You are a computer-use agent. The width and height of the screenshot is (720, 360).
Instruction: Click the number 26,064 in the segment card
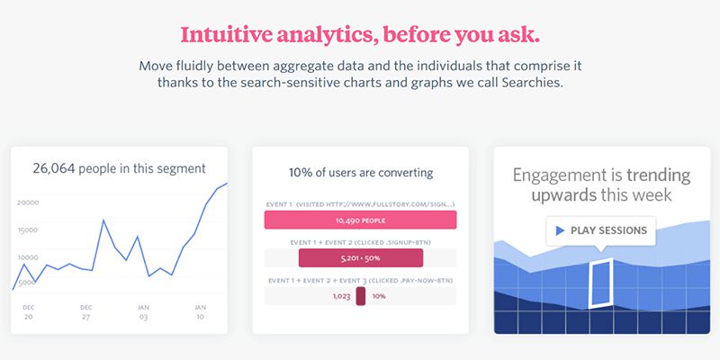pyautogui.click(x=53, y=168)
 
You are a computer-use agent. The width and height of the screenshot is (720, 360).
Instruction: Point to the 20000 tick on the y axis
pyautogui.click(x=28, y=202)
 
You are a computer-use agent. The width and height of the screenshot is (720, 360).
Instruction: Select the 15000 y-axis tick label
pyautogui.click(x=27, y=230)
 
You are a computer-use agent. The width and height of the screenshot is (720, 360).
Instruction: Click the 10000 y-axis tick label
pyautogui.click(x=27, y=257)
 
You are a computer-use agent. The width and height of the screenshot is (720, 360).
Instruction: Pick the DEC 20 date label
pyautogui.click(x=29, y=312)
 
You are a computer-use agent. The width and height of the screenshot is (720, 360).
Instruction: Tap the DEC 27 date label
pyautogui.click(x=85, y=312)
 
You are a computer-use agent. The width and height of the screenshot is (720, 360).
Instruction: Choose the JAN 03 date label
pyautogui.click(x=143, y=312)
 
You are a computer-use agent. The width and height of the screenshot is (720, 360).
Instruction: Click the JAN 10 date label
pyautogui.click(x=200, y=312)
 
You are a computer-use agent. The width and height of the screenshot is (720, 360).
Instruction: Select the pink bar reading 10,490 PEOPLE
pyautogui.click(x=361, y=220)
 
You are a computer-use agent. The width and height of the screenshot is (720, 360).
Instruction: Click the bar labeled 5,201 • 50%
pyautogui.click(x=361, y=258)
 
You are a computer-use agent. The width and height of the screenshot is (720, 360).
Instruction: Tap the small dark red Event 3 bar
pyautogui.click(x=361, y=296)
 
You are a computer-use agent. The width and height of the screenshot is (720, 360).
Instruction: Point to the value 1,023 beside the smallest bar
pyautogui.click(x=342, y=297)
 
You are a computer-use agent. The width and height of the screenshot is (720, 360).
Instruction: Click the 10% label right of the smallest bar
pyautogui.click(x=379, y=297)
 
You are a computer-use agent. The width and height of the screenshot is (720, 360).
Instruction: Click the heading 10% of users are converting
pyautogui.click(x=361, y=173)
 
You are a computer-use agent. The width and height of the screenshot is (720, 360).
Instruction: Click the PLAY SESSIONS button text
pyautogui.click(x=609, y=230)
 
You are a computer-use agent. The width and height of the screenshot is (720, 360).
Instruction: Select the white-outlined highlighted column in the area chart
pyautogui.click(x=600, y=283)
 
